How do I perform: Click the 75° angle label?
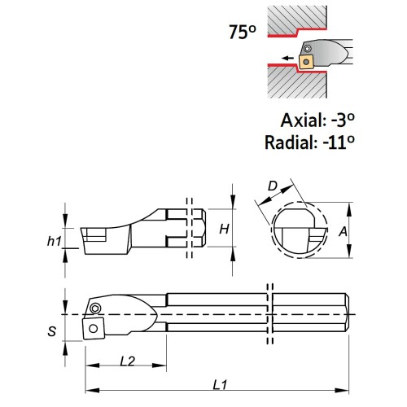click(x=243, y=33)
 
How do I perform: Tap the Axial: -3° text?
click(x=317, y=120)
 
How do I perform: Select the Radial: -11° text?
click(x=309, y=142)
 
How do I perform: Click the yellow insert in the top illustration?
click(x=306, y=62)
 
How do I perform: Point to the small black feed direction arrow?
click(x=287, y=58)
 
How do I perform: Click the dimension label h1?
click(x=55, y=241)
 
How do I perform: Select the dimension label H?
click(x=224, y=229)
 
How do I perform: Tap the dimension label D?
click(x=273, y=186)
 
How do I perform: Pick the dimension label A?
click(x=343, y=231)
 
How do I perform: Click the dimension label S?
click(x=52, y=331)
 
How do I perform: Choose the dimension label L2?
click(x=127, y=361)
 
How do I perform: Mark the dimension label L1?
click(x=220, y=385)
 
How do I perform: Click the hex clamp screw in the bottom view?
click(x=95, y=309)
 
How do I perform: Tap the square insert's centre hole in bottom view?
click(x=94, y=329)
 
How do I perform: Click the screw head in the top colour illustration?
click(x=307, y=49)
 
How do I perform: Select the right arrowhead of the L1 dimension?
click(x=342, y=391)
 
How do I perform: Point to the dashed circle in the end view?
click(x=272, y=230)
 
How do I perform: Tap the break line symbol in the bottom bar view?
click(x=270, y=314)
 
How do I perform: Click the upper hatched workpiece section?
click(x=295, y=18)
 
